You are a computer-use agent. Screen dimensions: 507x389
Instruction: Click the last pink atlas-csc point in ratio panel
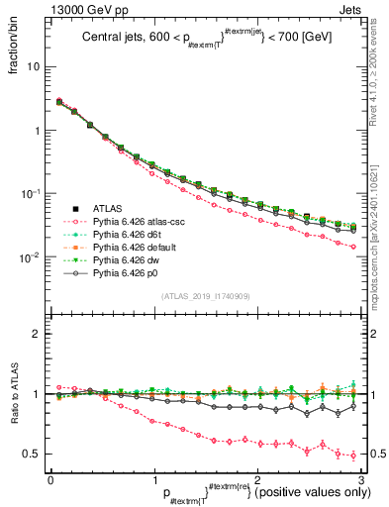[353, 456]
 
